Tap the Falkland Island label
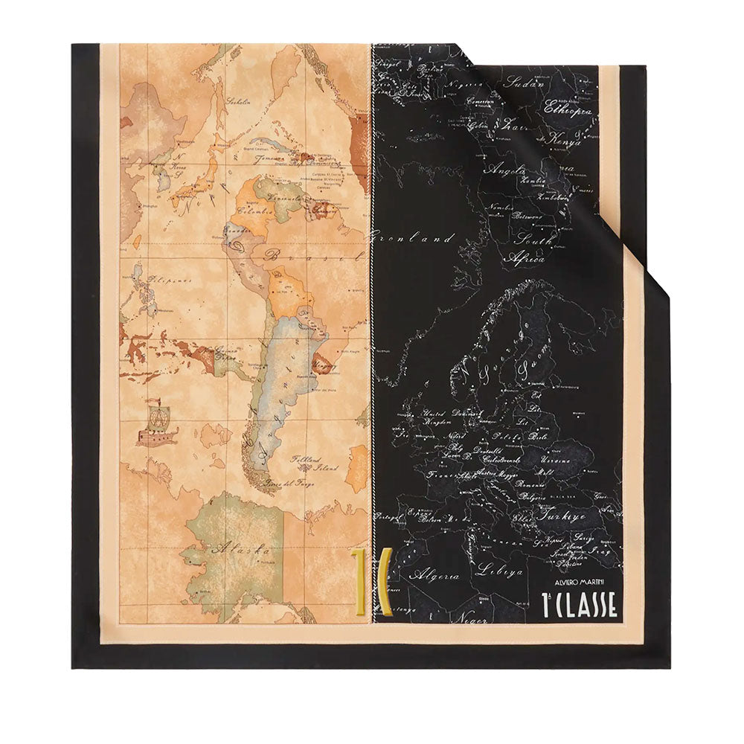click(x=313, y=463)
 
